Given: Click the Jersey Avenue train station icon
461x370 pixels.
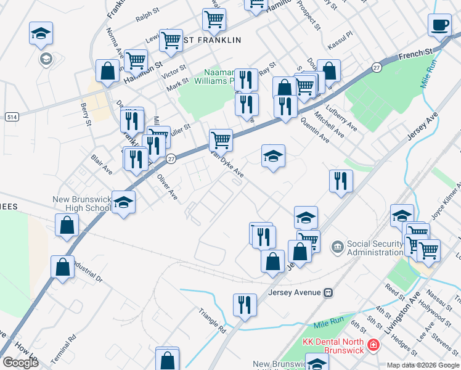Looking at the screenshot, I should pos(328,292).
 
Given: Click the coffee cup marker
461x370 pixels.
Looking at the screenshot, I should pos(440,26).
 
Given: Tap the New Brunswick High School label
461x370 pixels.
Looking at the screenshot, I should pos(82,204).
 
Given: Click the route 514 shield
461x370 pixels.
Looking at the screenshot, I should pos(11,117).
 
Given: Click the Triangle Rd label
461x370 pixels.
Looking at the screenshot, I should pos(213,321).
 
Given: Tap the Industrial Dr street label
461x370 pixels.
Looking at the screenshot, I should pos(87,269).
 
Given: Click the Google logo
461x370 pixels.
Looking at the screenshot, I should pos(20,363).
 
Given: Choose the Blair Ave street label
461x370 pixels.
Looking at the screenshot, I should pos(102,164).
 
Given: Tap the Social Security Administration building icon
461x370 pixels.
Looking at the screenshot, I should pos(338,247).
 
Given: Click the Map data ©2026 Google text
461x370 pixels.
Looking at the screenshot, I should pos(423,365).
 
